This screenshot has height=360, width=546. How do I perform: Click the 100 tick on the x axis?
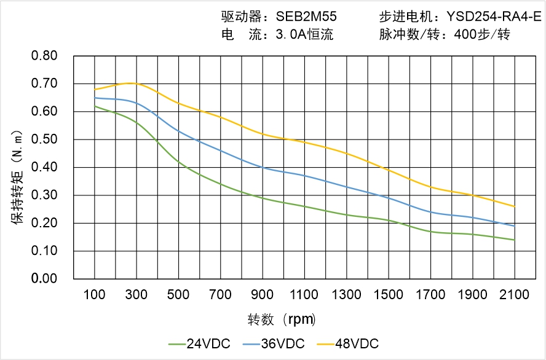tap(95, 295)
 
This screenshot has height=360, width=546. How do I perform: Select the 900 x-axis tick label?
tap(263, 295)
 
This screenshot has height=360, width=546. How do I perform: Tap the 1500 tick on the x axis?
tap(389, 295)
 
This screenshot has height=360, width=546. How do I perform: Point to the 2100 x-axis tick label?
tap(515, 295)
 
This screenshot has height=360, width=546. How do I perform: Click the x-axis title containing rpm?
tap(283, 319)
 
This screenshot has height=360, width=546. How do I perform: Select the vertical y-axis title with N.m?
tap(18, 176)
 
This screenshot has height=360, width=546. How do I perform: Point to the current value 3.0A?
tap(291, 35)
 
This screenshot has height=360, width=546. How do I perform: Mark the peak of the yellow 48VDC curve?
tap(131, 83)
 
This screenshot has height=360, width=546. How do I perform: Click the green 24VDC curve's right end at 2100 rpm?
tap(515, 240)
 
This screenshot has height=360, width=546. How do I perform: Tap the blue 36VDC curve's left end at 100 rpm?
tap(95, 98)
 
